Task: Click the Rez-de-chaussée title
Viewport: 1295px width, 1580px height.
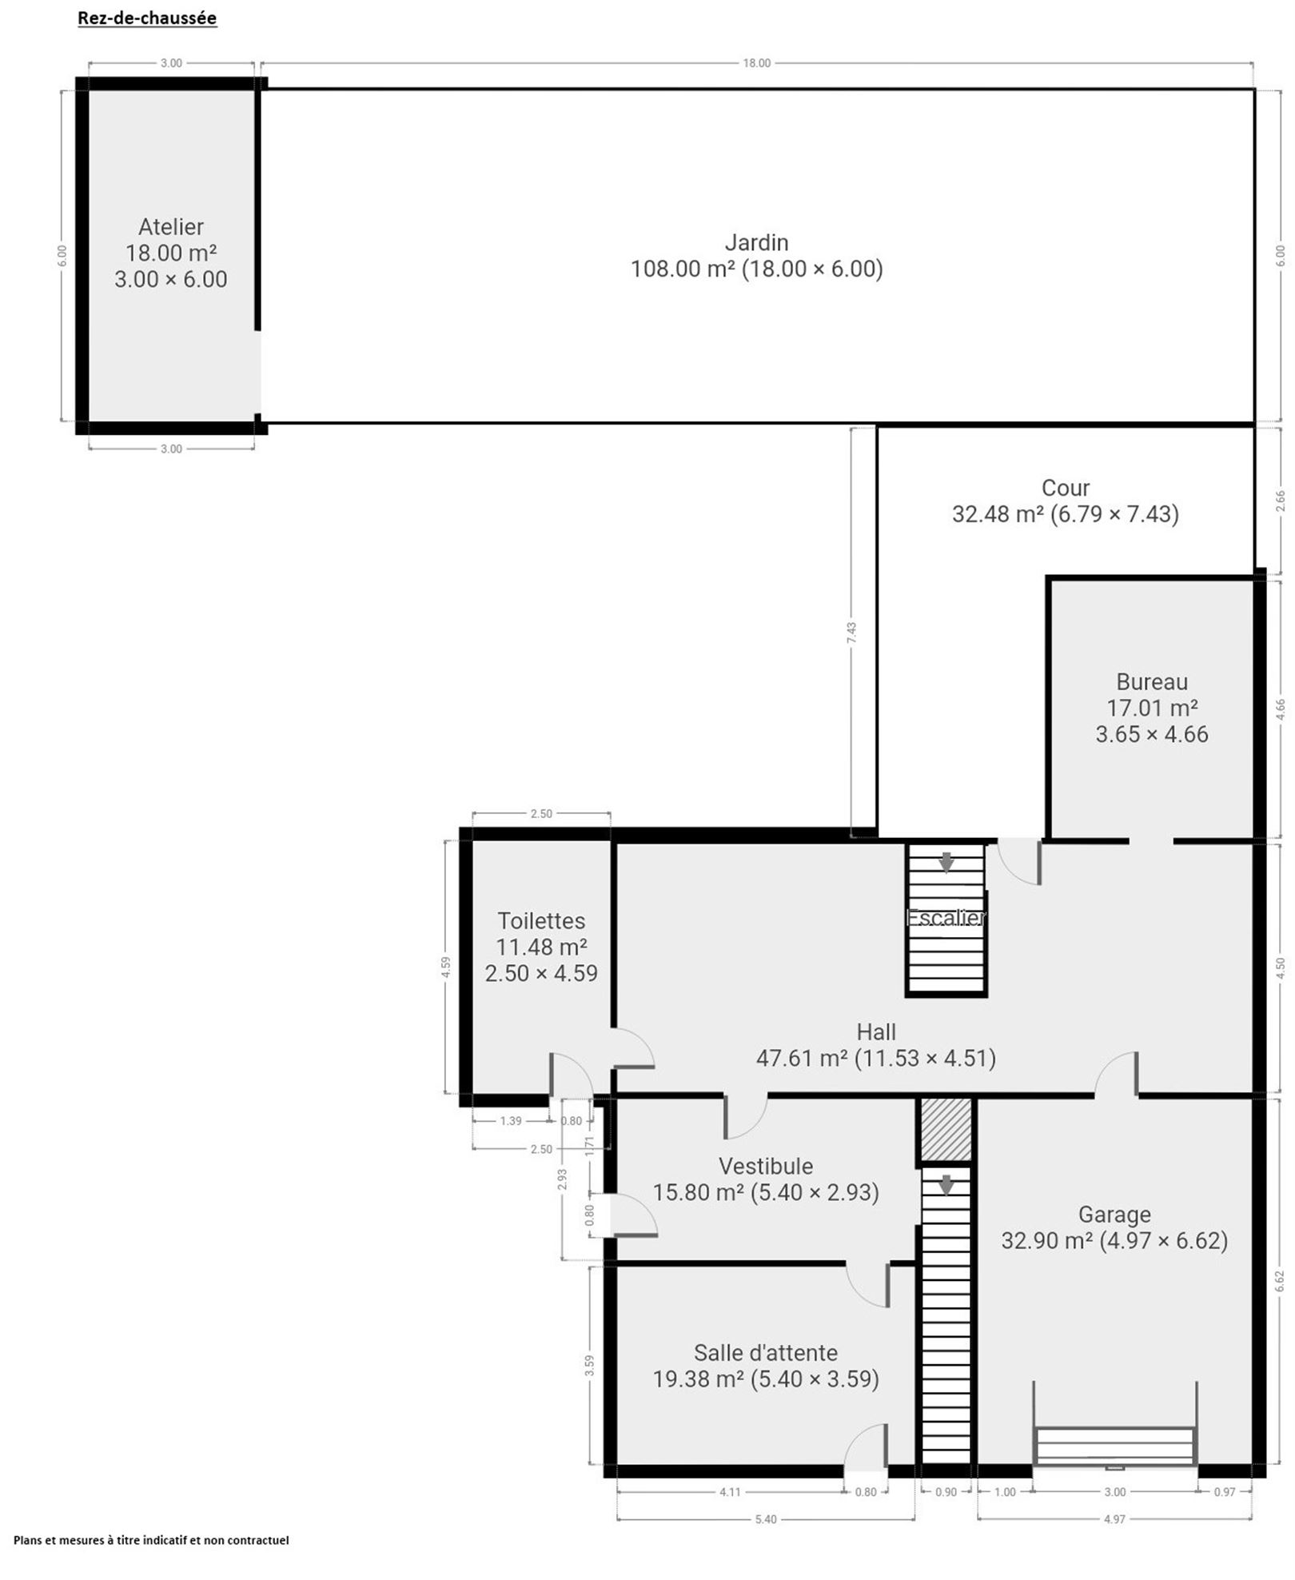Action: pos(147,18)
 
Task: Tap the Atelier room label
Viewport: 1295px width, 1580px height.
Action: pos(171,227)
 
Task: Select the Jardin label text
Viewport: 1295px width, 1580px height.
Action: pos(756,242)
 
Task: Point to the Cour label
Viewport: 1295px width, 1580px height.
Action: pos(1066,488)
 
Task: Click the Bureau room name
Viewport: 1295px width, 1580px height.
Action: pos(1152,682)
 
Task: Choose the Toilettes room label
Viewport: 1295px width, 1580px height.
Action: pos(541,921)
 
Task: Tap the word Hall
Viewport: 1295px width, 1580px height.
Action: pos(876,1031)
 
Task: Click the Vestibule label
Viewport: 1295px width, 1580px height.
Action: pos(766,1166)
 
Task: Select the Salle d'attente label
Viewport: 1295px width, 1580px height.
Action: pos(766,1353)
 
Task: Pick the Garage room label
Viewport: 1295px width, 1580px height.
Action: pos(1114,1215)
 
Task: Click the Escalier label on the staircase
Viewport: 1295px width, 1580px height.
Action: pos(946,918)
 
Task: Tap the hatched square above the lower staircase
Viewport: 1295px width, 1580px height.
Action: pos(946,1130)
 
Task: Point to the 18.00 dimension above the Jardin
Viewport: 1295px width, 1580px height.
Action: pos(756,63)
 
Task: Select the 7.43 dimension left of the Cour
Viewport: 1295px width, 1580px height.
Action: pos(852,632)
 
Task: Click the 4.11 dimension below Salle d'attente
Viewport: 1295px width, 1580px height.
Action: pos(730,1491)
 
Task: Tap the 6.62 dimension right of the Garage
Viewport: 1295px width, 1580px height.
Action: pos(1280,1281)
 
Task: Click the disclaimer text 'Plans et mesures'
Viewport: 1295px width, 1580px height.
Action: pos(151,1540)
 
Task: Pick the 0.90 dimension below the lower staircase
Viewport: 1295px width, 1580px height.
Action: pos(946,1491)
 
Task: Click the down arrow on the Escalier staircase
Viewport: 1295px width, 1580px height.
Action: pos(946,861)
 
